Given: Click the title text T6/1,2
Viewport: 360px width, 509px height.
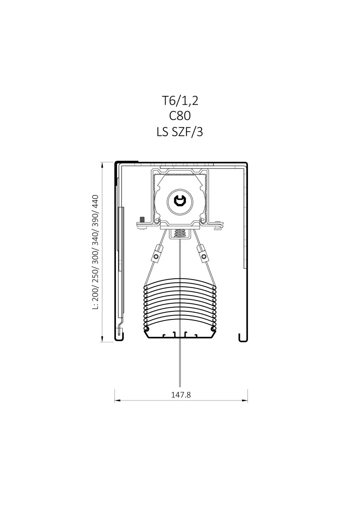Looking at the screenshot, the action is pyautogui.click(x=180, y=101).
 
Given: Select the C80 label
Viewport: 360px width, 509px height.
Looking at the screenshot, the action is pyautogui.click(x=180, y=116).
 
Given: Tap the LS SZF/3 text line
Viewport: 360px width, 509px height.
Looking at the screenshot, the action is pyautogui.click(x=180, y=132).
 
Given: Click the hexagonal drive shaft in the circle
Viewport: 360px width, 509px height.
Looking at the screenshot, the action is pyautogui.click(x=180, y=201).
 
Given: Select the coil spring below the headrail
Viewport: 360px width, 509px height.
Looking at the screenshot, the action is pyautogui.click(x=180, y=233).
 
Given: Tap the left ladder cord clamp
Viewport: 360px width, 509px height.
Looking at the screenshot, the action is pyautogui.click(x=157, y=254).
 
